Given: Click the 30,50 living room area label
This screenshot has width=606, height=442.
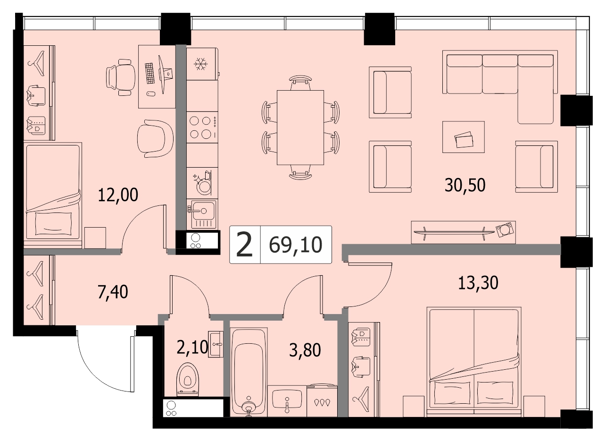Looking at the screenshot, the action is click(x=465, y=186).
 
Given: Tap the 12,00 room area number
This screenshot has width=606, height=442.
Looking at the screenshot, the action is click(x=118, y=195).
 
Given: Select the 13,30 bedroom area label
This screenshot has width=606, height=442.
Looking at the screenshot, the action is click(x=478, y=283).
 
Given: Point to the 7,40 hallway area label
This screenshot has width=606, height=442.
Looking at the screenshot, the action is click(x=113, y=292).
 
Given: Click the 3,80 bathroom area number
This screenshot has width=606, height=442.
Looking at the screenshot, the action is click(x=305, y=349).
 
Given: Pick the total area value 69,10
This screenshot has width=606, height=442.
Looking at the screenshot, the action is click(x=296, y=245).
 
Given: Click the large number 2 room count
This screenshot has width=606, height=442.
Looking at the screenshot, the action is click(x=244, y=245).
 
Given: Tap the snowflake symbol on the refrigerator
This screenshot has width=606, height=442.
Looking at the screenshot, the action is click(x=200, y=64).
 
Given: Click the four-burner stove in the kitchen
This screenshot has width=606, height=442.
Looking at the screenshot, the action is click(x=202, y=127).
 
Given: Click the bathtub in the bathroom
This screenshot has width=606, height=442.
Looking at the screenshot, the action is click(x=249, y=372).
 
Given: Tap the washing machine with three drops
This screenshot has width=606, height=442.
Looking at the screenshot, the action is click(x=322, y=401).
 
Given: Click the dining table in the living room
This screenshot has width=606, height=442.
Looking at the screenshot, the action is click(x=300, y=127).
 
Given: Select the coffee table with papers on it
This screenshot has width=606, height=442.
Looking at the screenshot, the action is click(x=464, y=137).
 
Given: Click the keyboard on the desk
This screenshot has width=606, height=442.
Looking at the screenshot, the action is click(x=150, y=73).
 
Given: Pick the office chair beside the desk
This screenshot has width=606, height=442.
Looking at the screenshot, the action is click(x=121, y=77).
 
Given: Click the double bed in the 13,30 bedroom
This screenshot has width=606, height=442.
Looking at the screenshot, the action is click(x=474, y=362).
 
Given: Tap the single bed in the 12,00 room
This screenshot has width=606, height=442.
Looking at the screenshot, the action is click(x=53, y=194).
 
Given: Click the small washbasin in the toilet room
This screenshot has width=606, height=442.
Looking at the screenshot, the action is click(x=216, y=344).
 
